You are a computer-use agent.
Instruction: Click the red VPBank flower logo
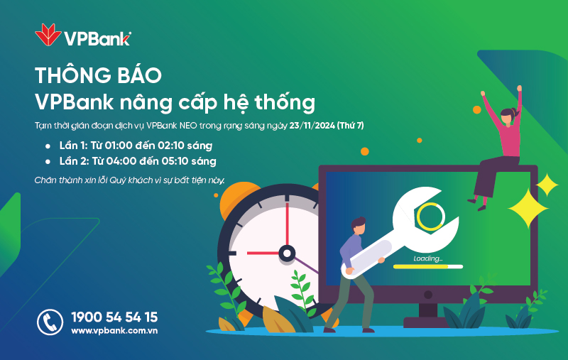[48, 35]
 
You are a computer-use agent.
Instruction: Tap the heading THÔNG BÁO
[98, 75]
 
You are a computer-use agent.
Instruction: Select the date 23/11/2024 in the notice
[312, 126]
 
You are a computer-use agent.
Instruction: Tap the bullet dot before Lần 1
[48, 146]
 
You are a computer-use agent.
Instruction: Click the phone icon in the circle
[50, 322]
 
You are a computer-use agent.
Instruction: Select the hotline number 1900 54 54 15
[114, 317]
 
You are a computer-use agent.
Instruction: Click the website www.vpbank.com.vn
[114, 331]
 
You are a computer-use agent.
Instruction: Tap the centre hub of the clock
[287, 253]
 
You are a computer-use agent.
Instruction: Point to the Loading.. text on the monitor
[428, 258]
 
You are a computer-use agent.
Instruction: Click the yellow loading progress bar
[420, 267]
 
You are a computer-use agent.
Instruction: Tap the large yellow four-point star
[528, 209]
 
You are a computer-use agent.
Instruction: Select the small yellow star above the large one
[547, 185]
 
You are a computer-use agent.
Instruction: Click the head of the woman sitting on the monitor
[508, 116]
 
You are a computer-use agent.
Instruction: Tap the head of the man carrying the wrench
[359, 226]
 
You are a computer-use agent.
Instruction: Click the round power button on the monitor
[428, 295]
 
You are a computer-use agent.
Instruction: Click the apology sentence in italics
[130, 180]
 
